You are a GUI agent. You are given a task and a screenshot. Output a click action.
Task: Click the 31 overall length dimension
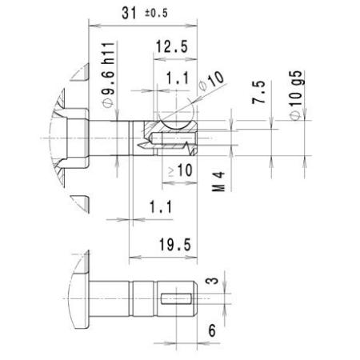pos(129,13)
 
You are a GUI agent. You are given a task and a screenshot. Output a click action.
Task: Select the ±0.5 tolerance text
pos(157,13)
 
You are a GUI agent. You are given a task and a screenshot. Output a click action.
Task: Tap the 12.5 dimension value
pos(172,46)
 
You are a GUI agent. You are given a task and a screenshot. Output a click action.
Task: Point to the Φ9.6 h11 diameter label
pos(108,75)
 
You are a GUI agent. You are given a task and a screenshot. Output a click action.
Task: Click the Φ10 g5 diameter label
pos(296,95)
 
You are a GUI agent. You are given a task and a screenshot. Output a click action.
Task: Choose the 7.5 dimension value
pos(259,92)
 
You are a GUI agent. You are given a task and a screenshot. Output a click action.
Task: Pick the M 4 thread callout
pos(218,182)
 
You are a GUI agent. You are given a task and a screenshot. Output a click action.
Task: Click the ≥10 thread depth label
pos(180,170)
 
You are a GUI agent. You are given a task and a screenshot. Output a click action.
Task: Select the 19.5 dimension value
pos(175,245)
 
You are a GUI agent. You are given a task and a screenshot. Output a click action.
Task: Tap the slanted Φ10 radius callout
pos(211,81)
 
